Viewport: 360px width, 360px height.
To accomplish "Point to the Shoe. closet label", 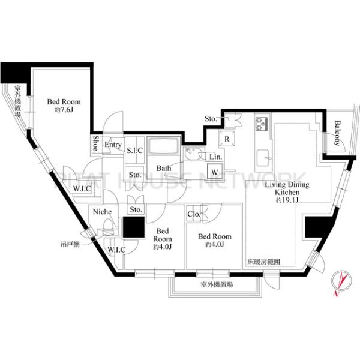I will pyautogui.click(x=96, y=143).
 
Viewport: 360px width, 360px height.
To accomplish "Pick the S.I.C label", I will pyautogui.click(x=134, y=150).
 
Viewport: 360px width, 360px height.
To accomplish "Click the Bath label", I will pyautogui.click(x=164, y=169).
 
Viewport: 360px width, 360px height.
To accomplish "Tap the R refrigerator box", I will pyautogui.click(x=227, y=139).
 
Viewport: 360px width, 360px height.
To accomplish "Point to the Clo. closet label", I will pyautogui.click(x=194, y=214).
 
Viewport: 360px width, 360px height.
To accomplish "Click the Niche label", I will pyautogui.click(x=100, y=211).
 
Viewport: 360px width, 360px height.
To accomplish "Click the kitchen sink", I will pyautogui.click(x=263, y=158).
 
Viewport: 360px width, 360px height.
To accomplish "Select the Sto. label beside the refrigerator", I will pyautogui.click(x=211, y=119).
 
